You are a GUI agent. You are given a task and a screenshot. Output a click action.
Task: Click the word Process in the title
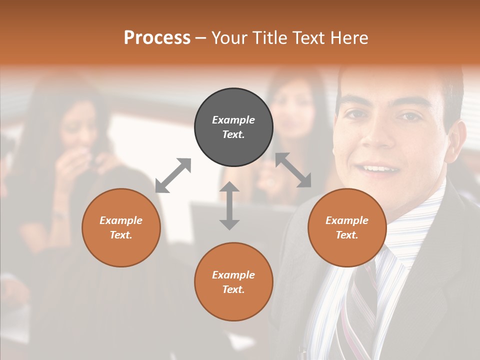[157, 38]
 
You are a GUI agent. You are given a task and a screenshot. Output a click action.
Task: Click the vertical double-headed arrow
[229, 205]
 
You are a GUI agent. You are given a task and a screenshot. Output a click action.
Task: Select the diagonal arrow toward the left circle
[173, 175]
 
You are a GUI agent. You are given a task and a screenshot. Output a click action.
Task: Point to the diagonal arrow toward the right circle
[293, 170]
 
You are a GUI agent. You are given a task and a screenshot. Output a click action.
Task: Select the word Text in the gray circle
[233, 134]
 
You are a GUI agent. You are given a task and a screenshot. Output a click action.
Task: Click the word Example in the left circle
[121, 220]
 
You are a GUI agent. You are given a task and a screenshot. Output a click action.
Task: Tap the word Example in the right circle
[347, 220]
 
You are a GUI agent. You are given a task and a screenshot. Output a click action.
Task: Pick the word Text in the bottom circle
[233, 289]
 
